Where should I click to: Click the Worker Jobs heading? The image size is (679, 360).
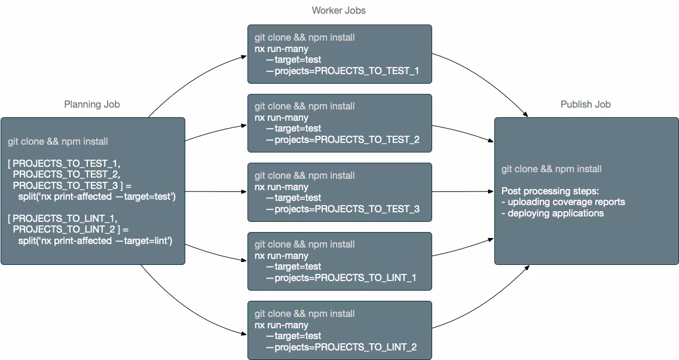pyautogui.click(x=339, y=10)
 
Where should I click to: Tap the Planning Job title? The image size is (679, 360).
pyautogui.click(x=92, y=104)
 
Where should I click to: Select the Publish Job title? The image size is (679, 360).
pyautogui.click(x=586, y=104)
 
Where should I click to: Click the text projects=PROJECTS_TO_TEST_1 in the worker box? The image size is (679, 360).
pyautogui.click(x=342, y=71)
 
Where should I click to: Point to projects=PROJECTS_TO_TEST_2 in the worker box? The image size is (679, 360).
pyautogui.click(x=342, y=139)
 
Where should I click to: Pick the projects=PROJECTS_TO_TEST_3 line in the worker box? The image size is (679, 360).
pyautogui.click(x=342, y=209)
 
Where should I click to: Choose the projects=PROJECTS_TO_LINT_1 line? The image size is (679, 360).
pyautogui.click(x=341, y=277)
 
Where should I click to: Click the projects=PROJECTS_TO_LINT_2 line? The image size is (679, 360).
pyautogui.click(x=341, y=347)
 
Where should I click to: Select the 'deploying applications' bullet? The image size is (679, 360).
pyautogui.click(x=553, y=213)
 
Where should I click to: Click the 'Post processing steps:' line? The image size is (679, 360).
pyautogui.click(x=550, y=191)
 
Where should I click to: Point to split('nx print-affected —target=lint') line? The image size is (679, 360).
pyautogui.click(x=95, y=240)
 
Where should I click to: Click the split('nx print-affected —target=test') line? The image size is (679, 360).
pyautogui.click(x=96, y=196)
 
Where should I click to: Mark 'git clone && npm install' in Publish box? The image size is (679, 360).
pyautogui.click(x=551, y=169)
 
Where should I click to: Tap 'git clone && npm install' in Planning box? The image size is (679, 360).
pyautogui.click(x=58, y=142)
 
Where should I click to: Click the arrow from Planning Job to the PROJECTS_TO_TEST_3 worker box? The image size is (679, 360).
pyautogui.click(x=215, y=192)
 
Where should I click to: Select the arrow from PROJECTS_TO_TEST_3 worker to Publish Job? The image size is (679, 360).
pyautogui.click(x=463, y=192)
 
